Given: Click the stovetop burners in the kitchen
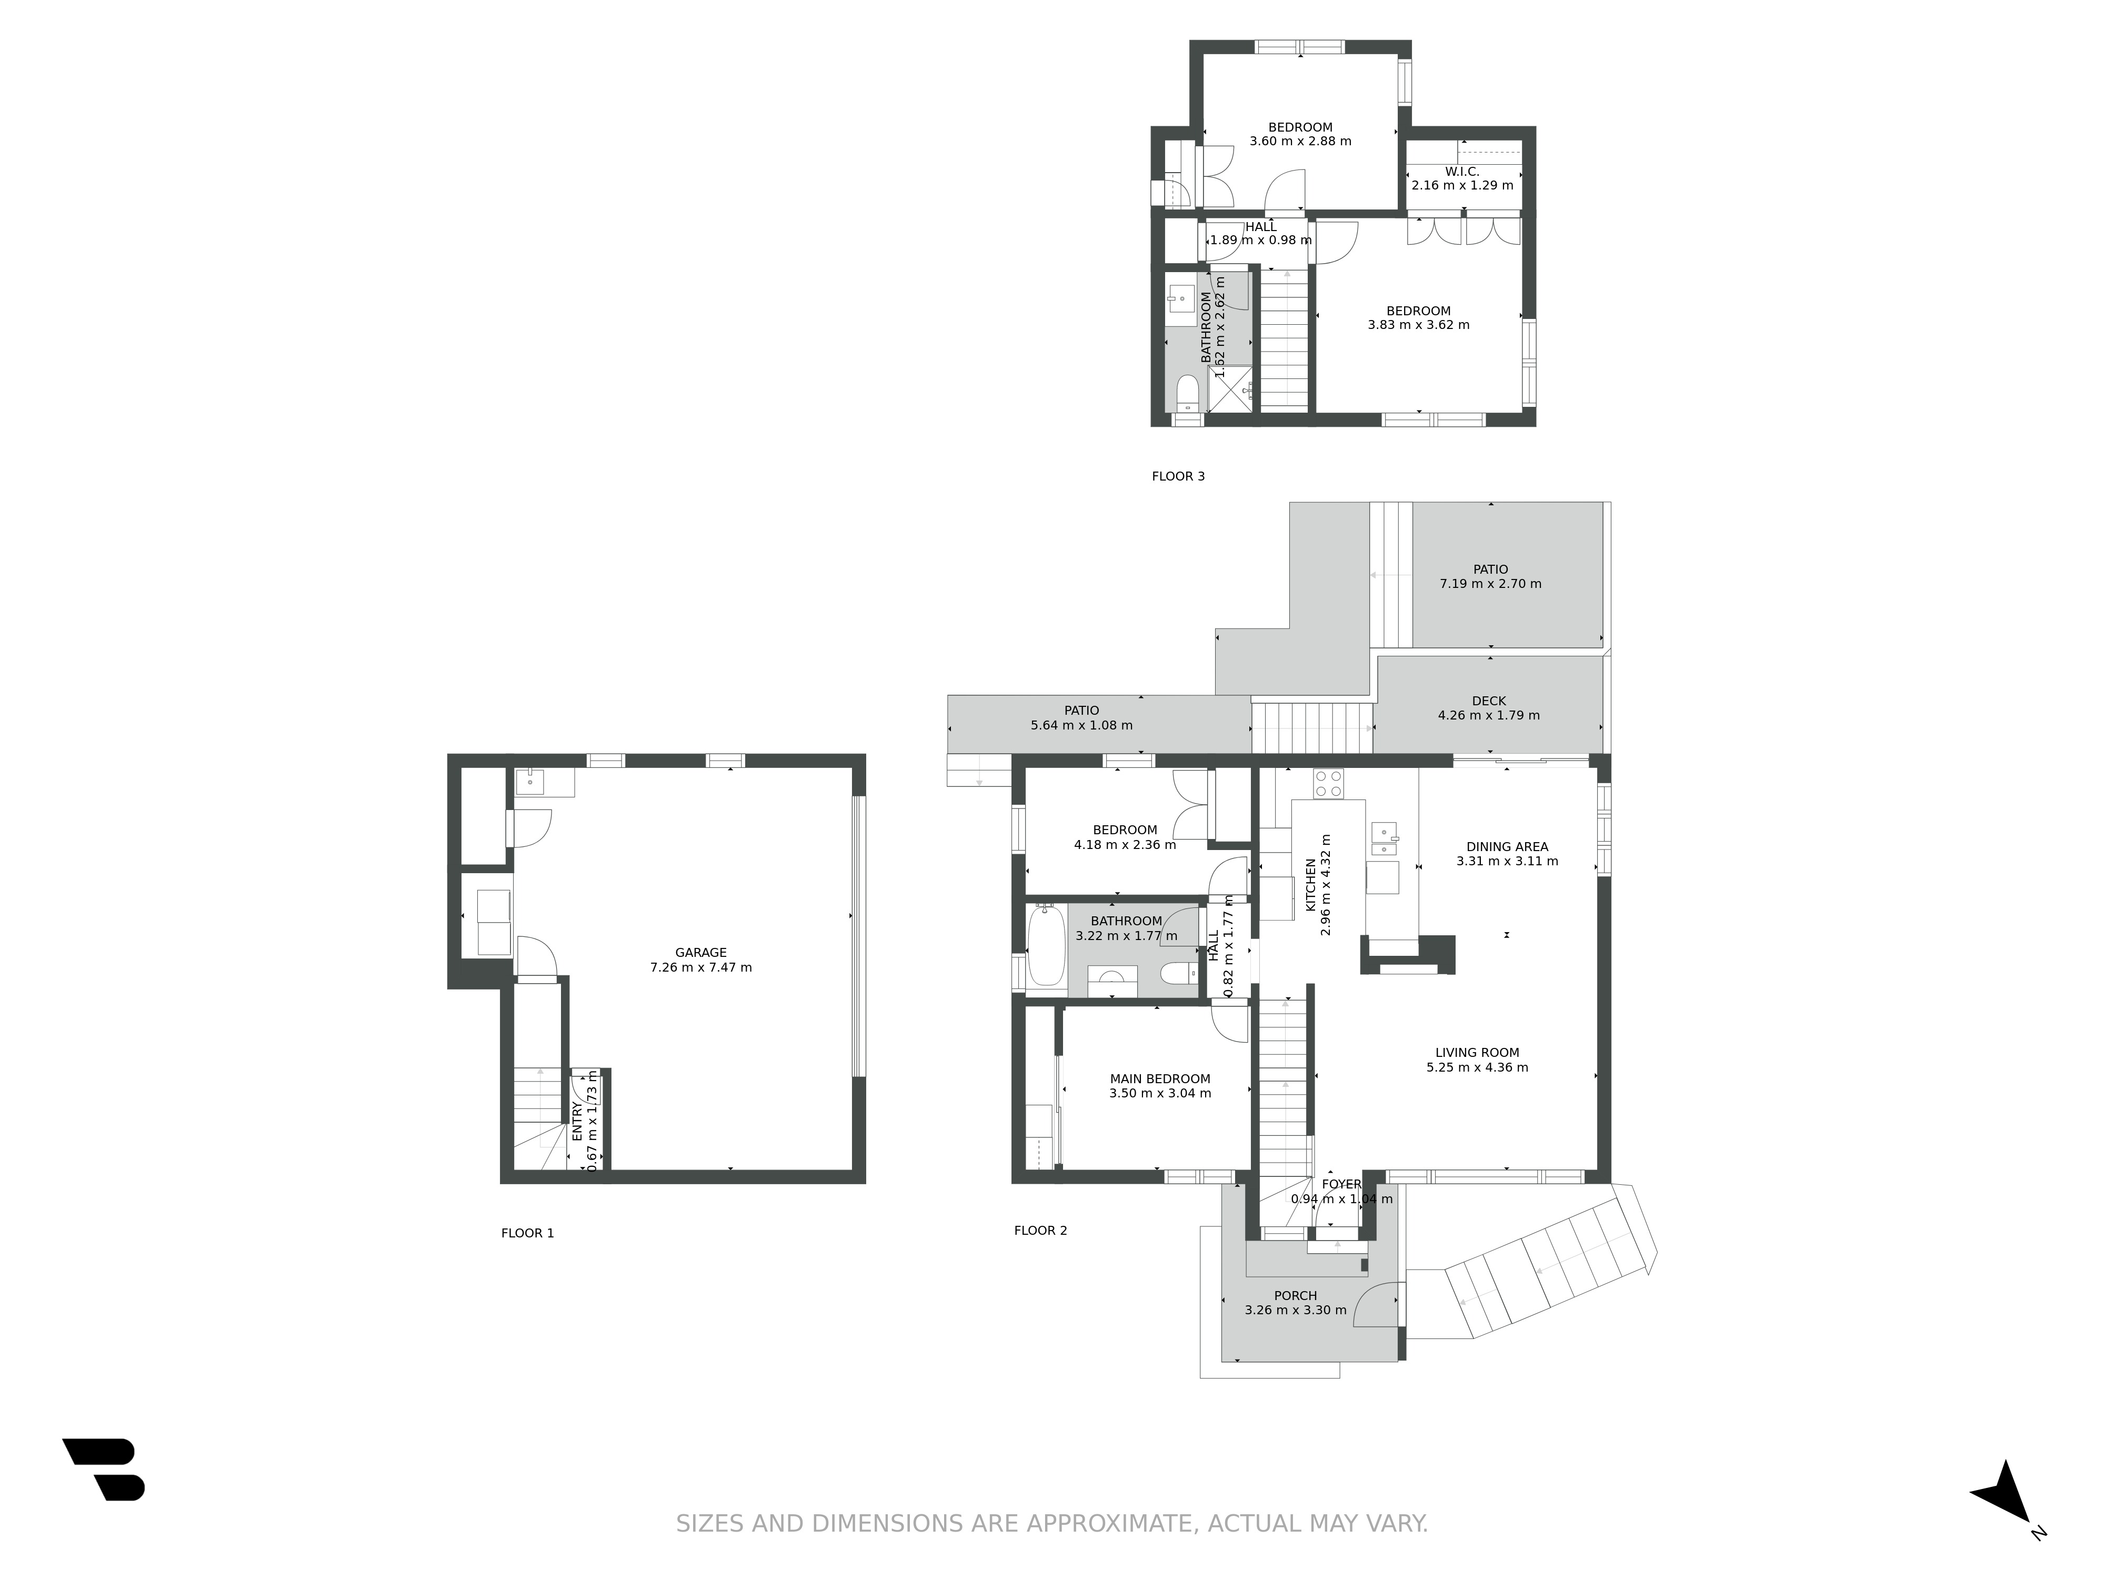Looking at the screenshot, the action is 1328,783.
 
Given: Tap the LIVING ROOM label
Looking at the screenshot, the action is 1477,1053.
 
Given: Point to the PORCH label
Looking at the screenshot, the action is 1295,1295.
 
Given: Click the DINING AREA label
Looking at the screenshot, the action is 1507,847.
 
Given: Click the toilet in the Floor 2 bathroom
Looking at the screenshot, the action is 1176,974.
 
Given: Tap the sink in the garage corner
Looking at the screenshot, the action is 530,782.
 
